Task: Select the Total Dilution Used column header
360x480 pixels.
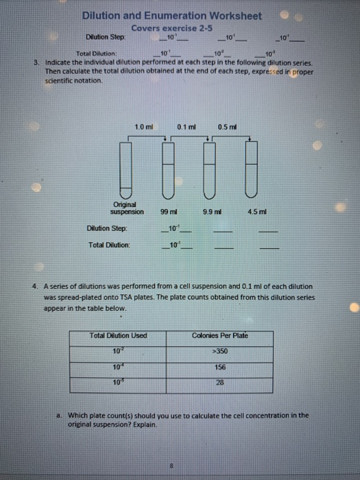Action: point(119,335)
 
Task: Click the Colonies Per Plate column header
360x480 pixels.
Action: point(220,335)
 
